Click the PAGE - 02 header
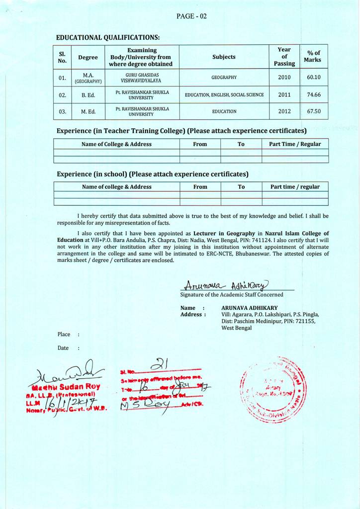pos(191,16)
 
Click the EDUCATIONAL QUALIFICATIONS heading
pos(108,37)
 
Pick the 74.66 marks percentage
pos(314,94)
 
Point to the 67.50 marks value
pos(314,111)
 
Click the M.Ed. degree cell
pos(88,111)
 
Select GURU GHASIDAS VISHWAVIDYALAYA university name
pos(142,78)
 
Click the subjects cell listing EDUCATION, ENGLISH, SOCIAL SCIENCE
pos(224,94)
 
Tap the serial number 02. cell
pos(62,94)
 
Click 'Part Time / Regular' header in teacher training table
pos(295,144)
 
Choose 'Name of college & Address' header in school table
pos(116,187)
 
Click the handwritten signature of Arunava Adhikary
pos(226,284)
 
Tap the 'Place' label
pos(64,335)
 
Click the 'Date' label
pos(63,348)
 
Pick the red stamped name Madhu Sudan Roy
pos(66,387)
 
